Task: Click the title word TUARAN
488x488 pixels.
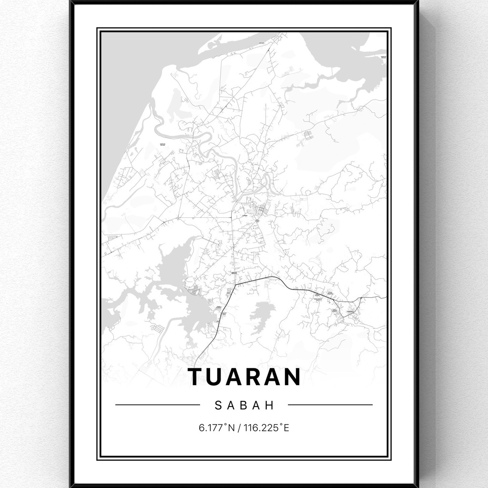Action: (x=245, y=376)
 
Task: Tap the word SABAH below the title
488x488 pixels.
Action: (x=245, y=406)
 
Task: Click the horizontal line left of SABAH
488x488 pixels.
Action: (x=157, y=405)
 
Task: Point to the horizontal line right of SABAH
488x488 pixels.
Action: (x=330, y=405)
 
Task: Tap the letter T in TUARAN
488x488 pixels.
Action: (x=197, y=376)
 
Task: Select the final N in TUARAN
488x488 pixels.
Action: (x=292, y=376)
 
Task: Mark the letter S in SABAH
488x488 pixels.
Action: (x=218, y=406)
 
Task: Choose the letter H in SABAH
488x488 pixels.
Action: (x=271, y=406)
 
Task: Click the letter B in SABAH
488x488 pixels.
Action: (x=244, y=406)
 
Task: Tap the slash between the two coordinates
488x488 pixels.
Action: (x=240, y=427)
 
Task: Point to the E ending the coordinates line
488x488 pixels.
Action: (x=286, y=427)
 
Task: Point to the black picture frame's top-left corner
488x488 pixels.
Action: (x=71, y=2)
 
